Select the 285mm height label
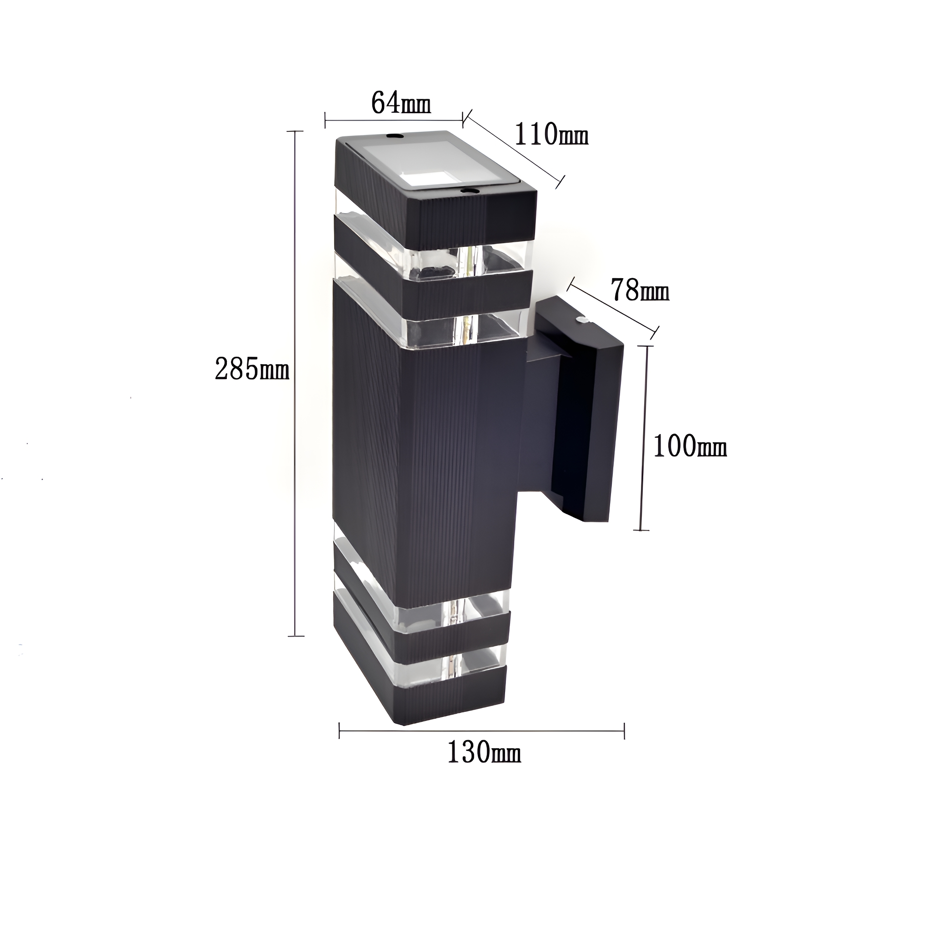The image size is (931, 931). tap(251, 370)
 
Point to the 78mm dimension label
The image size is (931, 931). tap(640, 290)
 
